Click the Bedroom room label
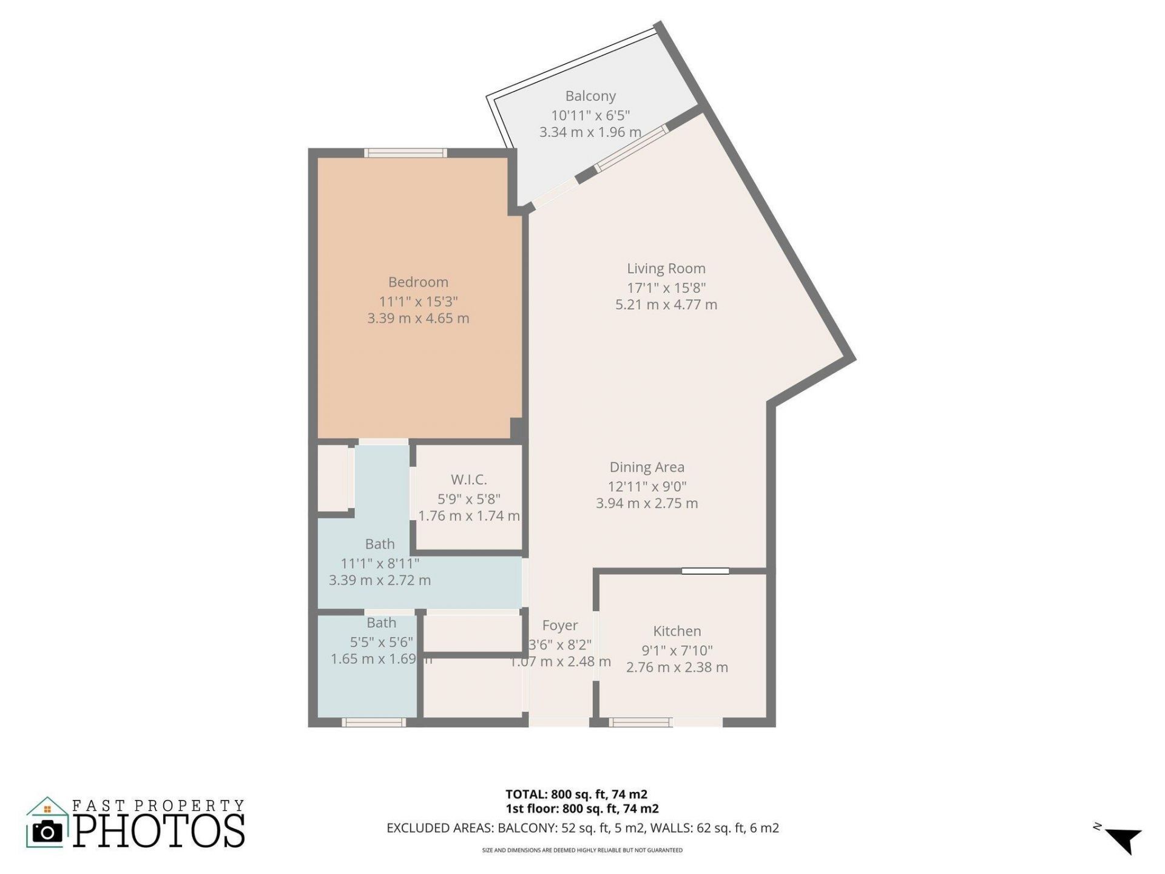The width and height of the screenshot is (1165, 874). tap(418, 282)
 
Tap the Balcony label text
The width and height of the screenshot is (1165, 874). tap(590, 96)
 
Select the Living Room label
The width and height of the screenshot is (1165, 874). tap(666, 268)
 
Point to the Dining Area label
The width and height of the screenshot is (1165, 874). tap(647, 467)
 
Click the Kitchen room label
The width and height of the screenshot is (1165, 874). tap(677, 631)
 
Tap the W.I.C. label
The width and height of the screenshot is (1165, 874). tap(468, 480)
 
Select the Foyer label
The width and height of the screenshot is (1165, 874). tap(559, 626)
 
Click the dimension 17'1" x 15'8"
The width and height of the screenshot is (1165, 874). tap(666, 288)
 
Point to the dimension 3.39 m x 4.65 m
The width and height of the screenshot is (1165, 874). tap(418, 319)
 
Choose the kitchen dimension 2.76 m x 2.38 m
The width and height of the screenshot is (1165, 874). tap(677, 668)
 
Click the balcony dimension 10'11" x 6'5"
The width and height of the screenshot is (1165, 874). tap(590, 115)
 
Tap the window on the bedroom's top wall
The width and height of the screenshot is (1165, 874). tap(405, 153)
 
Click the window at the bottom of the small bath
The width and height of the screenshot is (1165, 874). tap(374, 722)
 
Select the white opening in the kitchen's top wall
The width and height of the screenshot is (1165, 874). tap(705, 571)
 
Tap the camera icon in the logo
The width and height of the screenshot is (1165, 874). tap(47, 831)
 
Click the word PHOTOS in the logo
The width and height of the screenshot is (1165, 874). tap(160, 831)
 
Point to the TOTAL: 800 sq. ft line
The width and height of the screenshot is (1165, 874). tap(576, 794)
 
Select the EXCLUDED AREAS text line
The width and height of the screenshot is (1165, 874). tap(582, 828)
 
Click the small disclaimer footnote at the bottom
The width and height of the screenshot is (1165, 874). tap(582, 850)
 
